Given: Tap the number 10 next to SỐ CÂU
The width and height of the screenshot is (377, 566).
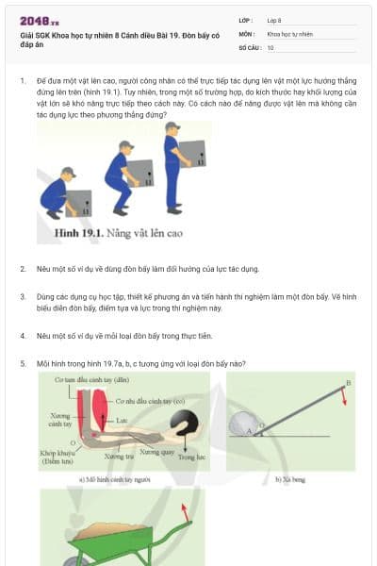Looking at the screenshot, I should click(270, 46).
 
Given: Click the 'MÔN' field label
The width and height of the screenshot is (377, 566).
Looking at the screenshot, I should click(247, 33).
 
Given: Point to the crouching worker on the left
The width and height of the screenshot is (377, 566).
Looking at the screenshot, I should click(58, 192).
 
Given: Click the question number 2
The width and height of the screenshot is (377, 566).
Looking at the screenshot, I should click(23, 269).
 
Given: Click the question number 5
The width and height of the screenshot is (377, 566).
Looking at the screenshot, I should click(23, 363).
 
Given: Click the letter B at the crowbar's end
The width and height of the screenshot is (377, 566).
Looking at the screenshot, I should click(349, 382).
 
